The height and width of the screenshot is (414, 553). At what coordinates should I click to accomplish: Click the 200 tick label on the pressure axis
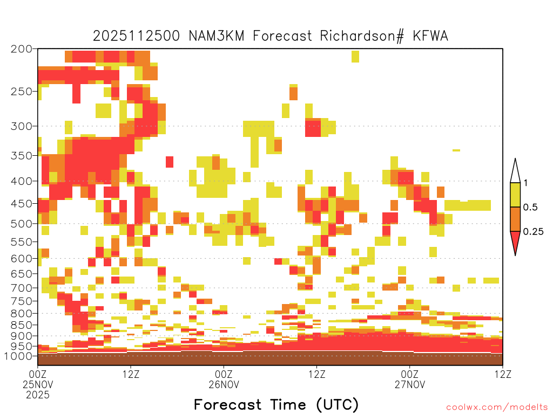(21, 49)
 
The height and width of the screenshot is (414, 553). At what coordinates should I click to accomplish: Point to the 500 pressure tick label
(21, 224)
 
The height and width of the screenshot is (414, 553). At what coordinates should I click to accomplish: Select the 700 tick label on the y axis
(21, 288)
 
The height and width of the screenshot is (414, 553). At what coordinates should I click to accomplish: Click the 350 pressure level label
(21, 156)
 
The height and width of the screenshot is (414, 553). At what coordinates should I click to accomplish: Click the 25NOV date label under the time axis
(38, 384)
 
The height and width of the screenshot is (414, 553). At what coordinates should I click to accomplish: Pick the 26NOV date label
(224, 384)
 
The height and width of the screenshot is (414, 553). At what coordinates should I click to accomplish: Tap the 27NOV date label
(410, 384)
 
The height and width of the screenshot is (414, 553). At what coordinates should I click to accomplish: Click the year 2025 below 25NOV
(38, 395)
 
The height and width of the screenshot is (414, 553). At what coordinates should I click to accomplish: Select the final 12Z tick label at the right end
(503, 374)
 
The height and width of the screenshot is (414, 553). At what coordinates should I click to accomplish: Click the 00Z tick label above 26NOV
(224, 374)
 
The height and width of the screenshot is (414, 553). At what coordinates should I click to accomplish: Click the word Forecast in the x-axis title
(227, 405)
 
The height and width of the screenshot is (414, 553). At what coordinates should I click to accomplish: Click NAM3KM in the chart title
(217, 36)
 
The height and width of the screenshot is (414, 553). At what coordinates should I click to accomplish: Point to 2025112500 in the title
(136, 36)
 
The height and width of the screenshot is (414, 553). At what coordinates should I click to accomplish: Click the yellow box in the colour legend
(515, 195)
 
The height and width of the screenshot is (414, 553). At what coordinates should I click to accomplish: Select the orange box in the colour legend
(515, 219)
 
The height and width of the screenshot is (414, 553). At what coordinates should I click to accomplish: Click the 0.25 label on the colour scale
(533, 232)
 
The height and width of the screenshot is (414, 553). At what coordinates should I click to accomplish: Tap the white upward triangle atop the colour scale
(515, 171)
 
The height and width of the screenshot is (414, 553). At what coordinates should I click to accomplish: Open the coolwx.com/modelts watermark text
(497, 408)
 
